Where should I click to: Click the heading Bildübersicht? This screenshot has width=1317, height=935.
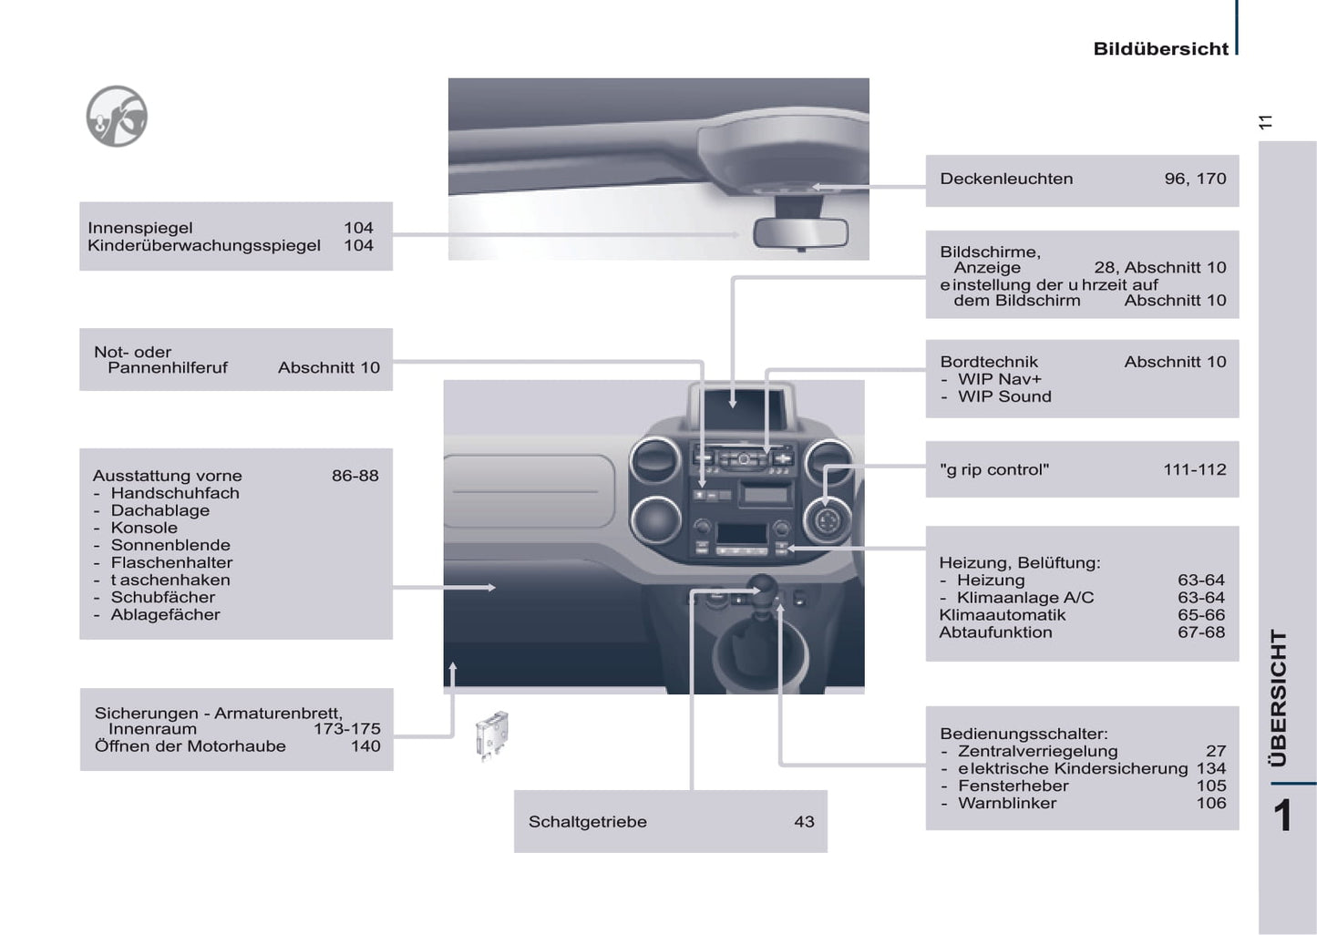pyautogui.click(x=1160, y=49)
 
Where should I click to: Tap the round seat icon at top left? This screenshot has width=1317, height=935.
pyautogui.click(x=117, y=117)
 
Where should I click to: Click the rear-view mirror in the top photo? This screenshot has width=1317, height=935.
pyautogui.click(x=800, y=233)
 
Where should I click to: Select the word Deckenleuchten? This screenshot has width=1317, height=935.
pyautogui.click(x=1006, y=179)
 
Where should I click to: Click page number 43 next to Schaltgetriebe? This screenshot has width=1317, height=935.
pyautogui.click(x=804, y=821)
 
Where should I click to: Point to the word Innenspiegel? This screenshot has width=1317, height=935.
pyautogui.click(x=140, y=228)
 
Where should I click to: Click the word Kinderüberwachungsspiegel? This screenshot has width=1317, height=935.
pyautogui.click(x=204, y=245)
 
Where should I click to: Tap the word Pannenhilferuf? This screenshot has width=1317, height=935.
pyautogui.click(x=168, y=368)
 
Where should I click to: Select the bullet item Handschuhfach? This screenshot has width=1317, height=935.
pyautogui.click(x=175, y=493)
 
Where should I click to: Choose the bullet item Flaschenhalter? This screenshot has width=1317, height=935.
pyautogui.click(x=171, y=562)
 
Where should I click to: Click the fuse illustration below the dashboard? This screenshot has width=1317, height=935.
pyautogui.click(x=492, y=735)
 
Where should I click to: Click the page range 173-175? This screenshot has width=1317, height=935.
pyautogui.click(x=346, y=729)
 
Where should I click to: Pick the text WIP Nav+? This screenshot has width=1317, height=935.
pyautogui.click(x=999, y=379)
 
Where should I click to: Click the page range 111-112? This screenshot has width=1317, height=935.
pyautogui.click(x=1194, y=470)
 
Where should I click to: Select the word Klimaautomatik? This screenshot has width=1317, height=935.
pyautogui.click(x=1002, y=615)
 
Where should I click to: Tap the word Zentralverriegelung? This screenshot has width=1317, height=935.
pyautogui.click(x=1037, y=751)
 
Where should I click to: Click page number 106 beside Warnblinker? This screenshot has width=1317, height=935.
pyautogui.click(x=1210, y=803)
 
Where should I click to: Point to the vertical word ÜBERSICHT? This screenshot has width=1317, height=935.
pyautogui.click(x=1280, y=697)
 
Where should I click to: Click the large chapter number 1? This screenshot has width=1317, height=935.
pyautogui.click(x=1282, y=816)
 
